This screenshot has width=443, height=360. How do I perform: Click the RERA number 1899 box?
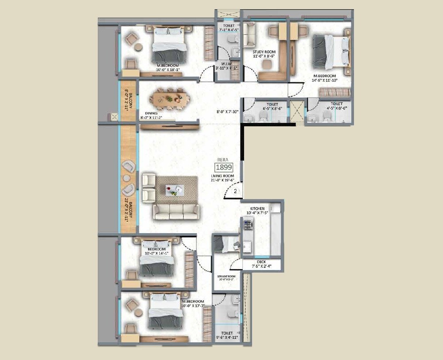(x=224, y=167)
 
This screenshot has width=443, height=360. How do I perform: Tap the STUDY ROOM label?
(x=264, y=52)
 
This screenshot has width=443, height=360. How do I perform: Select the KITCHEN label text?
(x=257, y=208)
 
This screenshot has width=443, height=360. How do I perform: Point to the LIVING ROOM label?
(x=222, y=176)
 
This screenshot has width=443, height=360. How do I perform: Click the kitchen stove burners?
(x=248, y=224)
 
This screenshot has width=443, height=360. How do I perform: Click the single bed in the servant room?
(x=226, y=244)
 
